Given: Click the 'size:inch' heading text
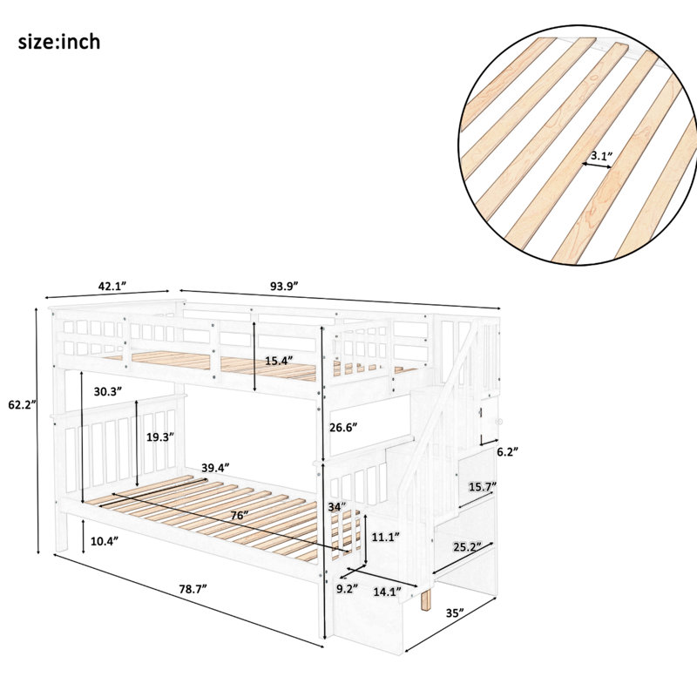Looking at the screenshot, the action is click(59, 42).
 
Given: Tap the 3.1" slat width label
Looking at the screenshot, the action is click(601, 156).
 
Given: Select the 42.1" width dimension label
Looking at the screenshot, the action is click(112, 286).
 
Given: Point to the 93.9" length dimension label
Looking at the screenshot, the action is click(284, 286).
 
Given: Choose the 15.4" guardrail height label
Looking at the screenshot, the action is click(280, 361).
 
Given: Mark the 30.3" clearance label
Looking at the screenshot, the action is click(108, 391).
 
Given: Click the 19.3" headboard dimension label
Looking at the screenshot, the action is click(160, 437).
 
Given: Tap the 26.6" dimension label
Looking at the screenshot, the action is click(343, 427).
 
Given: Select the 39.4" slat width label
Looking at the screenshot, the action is click(215, 468).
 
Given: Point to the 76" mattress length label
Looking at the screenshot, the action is click(240, 515).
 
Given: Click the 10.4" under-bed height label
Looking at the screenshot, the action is click(105, 541).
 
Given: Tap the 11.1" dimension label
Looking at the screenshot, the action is click(385, 537).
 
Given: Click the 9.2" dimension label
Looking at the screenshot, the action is click(347, 589).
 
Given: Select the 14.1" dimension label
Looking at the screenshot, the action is click(387, 592).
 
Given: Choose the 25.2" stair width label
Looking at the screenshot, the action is click(468, 546).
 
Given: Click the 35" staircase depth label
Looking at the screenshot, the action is click(455, 613).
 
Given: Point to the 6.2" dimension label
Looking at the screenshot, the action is click(508, 452).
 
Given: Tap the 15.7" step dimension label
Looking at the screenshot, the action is click(483, 487).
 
